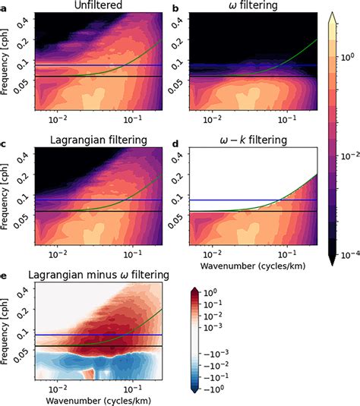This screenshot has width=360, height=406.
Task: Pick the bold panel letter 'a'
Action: (5, 7)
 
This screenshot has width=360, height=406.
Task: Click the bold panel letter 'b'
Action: (176, 7)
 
